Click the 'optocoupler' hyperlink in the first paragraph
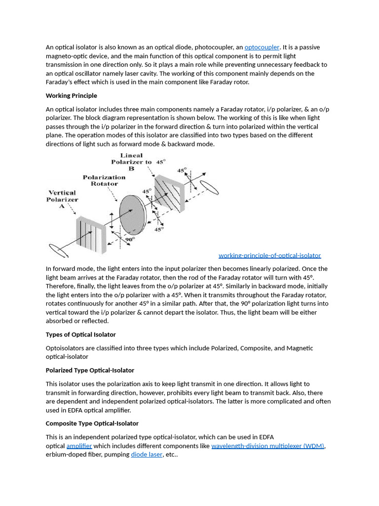click(x=262, y=47)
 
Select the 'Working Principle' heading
click(x=71, y=96)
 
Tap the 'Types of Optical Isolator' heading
click(x=80, y=335)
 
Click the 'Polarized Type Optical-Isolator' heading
click(x=90, y=371)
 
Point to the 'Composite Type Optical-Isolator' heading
click(x=92, y=424)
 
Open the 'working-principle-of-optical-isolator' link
click(x=269, y=255)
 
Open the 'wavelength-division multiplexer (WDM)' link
click(x=267, y=446)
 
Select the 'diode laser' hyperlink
click(x=147, y=455)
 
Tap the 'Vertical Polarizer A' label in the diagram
click(x=62, y=199)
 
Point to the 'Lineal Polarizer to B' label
click(x=132, y=162)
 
